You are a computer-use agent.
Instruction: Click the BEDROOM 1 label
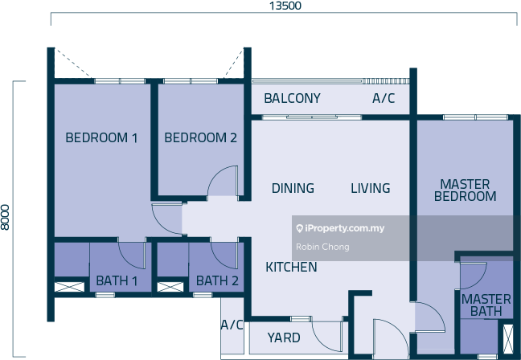(101, 138)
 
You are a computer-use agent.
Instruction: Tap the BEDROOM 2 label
(200, 138)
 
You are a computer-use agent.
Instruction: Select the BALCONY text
(292, 99)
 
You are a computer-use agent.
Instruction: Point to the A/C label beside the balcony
(384, 99)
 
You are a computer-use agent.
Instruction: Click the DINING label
(293, 188)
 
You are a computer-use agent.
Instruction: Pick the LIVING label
(370, 188)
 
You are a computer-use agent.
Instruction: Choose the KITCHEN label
(291, 267)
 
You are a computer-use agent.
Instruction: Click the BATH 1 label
(117, 281)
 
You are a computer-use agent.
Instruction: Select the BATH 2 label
(217, 281)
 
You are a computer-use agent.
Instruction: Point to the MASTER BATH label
(486, 305)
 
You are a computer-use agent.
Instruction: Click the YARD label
(284, 338)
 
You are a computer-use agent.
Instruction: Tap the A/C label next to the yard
(232, 325)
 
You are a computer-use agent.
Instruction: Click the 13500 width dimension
(285, 6)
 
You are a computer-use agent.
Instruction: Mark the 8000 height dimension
(6, 217)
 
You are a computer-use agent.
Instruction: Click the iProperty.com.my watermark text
(340, 229)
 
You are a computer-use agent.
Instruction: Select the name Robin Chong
(322, 247)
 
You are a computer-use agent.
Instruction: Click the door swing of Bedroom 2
(224, 182)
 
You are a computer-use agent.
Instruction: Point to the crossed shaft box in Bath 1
(69, 286)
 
